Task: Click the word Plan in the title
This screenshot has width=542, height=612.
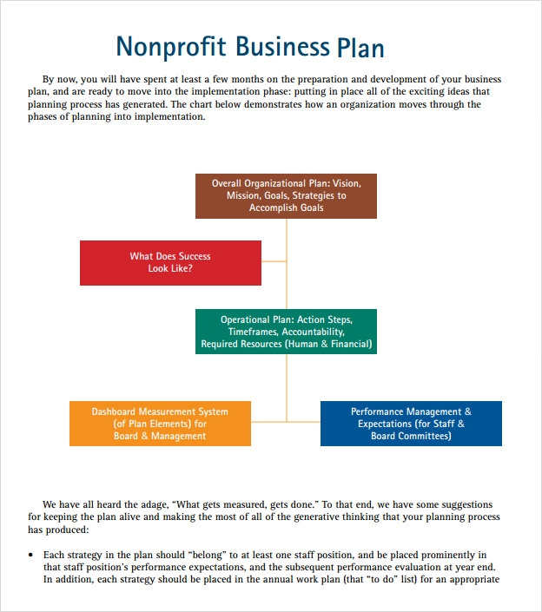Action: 359,47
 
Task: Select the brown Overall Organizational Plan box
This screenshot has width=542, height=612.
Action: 286,195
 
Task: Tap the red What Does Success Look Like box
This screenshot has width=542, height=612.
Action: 170,262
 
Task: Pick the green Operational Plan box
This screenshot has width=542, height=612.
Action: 286,332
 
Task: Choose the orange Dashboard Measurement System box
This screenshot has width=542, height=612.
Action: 160,424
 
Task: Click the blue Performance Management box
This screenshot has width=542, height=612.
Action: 411,424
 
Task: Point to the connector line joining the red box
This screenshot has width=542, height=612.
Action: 274,260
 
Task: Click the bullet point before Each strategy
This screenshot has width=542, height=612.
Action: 31,555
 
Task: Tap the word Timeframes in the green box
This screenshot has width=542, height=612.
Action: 252,332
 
